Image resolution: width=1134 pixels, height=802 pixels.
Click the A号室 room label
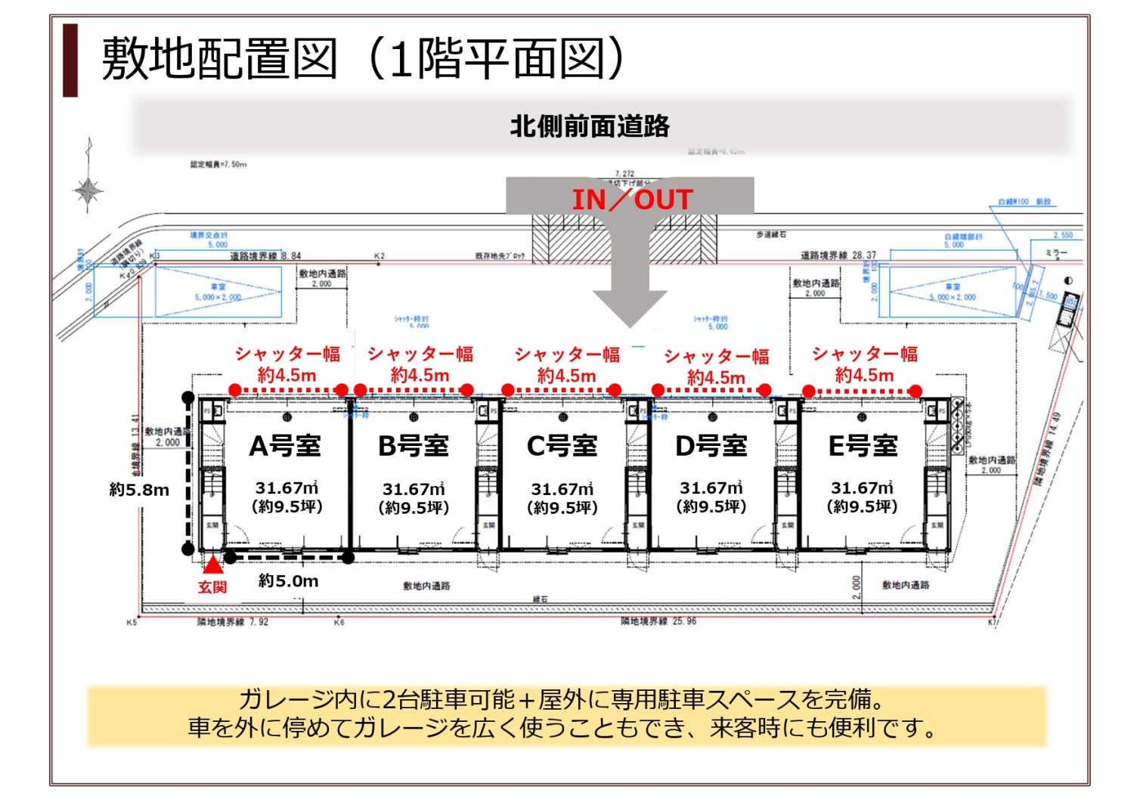tap(286, 445)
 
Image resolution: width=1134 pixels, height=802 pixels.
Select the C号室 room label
tap(562, 445)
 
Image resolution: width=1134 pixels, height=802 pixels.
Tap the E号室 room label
tap(863, 445)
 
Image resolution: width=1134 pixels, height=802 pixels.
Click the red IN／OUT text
tap(632, 200)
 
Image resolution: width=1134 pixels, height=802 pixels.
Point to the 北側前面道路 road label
tap(590, 125)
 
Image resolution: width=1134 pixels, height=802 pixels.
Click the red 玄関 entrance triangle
tap(212, 565)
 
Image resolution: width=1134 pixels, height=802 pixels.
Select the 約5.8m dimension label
tap(139, 490)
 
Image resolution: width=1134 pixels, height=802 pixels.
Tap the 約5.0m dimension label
tap(288, 581)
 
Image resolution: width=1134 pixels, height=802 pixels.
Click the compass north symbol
tap(88, 190)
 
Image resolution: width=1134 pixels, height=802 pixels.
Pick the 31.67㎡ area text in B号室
tap(414, 489)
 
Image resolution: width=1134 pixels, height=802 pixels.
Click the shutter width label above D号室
tap(716, 366)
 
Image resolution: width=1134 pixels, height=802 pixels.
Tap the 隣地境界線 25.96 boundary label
tap(658, 621)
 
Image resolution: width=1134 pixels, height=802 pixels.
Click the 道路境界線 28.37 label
tap(838, 255)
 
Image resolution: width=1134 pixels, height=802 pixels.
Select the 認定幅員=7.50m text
tap(218, 164)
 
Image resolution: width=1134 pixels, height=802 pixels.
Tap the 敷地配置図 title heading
tap(219, 59)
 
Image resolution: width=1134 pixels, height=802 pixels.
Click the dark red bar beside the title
tap(70, 60)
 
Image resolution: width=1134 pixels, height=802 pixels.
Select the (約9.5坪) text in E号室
tap(863, 506)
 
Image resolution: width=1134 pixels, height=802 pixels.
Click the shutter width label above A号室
tap(287, 364)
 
